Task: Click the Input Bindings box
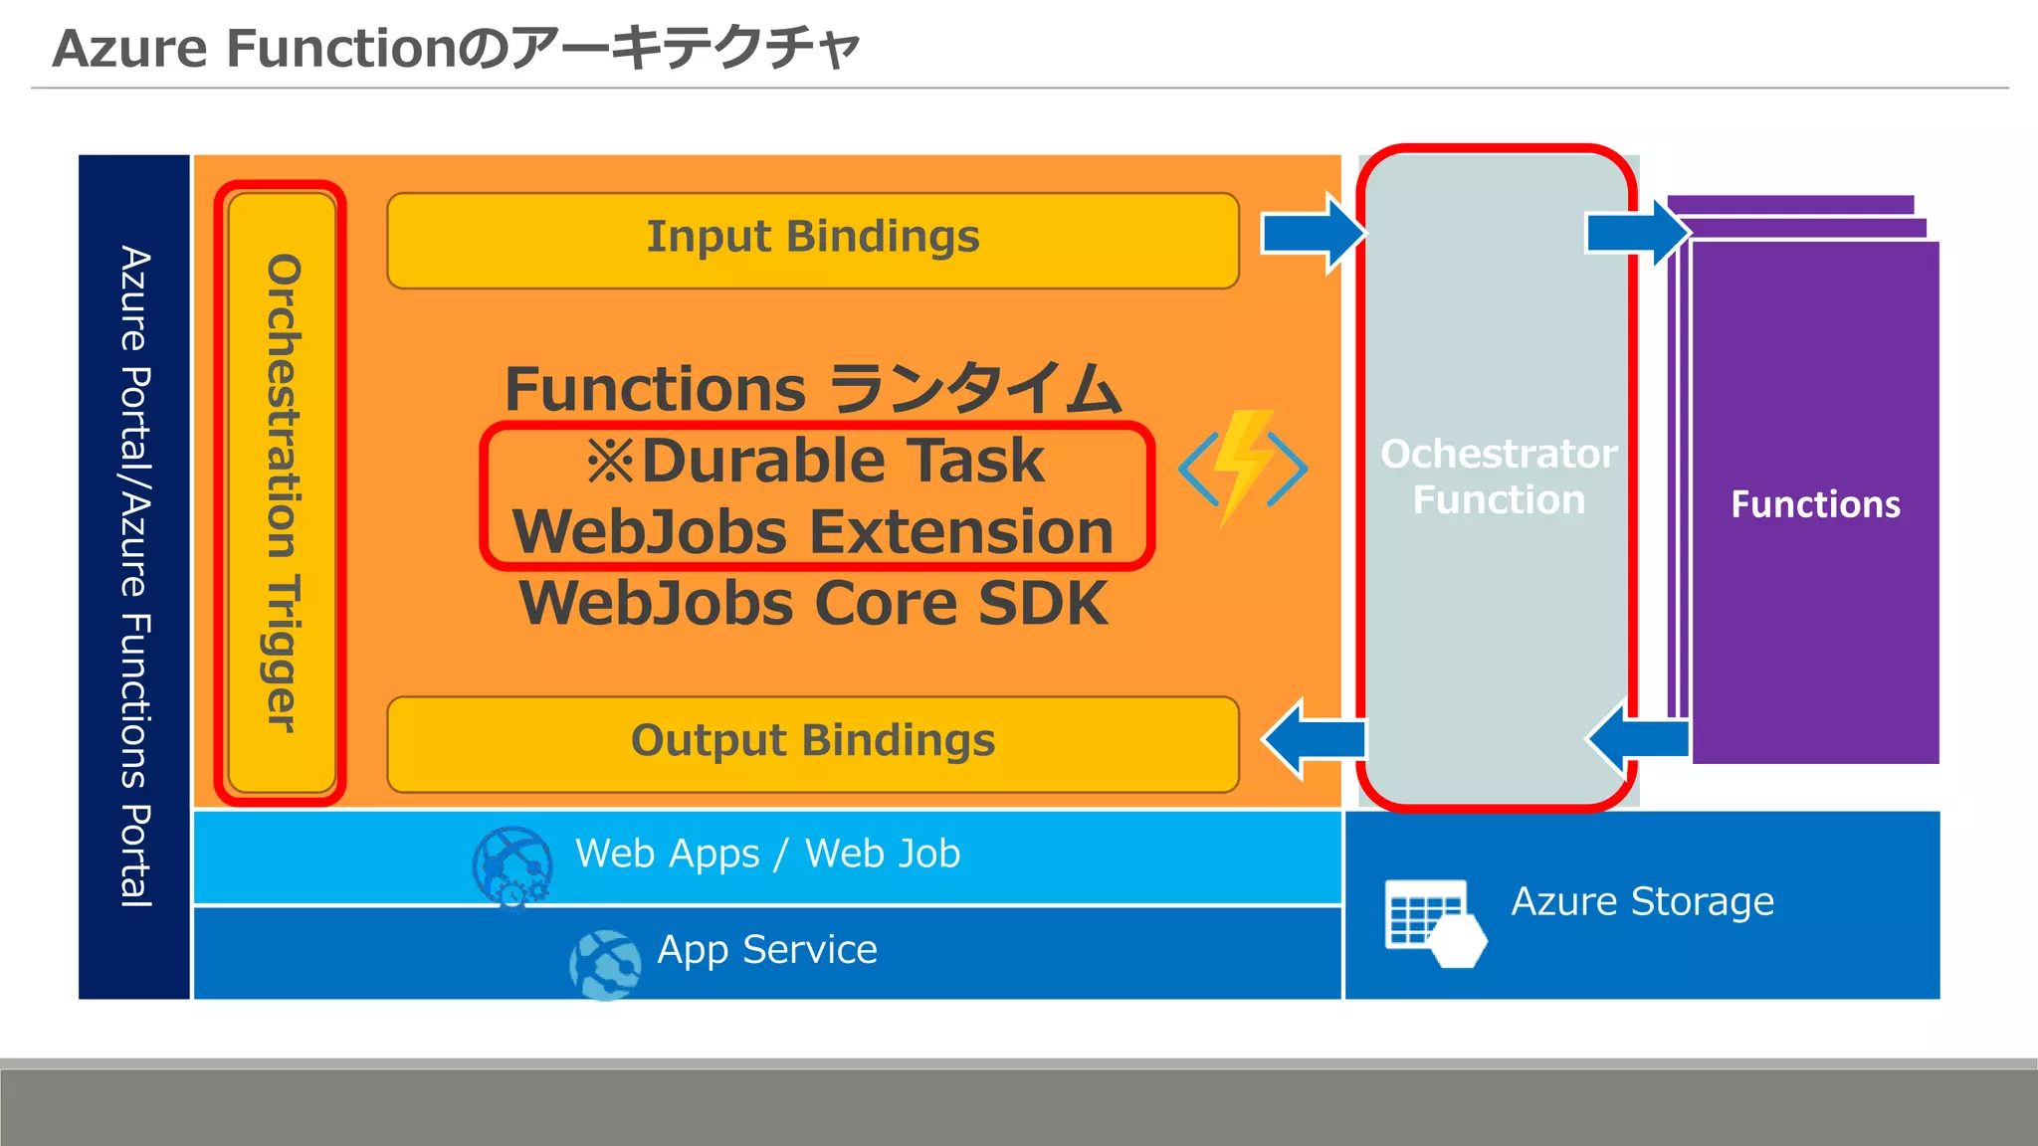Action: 812,240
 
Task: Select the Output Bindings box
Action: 812,743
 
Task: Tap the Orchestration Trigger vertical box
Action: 283,492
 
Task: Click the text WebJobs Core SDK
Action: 813,604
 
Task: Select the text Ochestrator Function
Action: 1499,477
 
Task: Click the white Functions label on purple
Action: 1815,504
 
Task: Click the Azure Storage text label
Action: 1642,901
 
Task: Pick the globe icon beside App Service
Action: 605,964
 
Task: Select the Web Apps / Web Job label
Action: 767,854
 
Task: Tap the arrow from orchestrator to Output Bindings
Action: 1312,738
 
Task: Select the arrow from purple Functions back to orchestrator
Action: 1636,738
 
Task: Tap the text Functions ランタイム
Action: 813,388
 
